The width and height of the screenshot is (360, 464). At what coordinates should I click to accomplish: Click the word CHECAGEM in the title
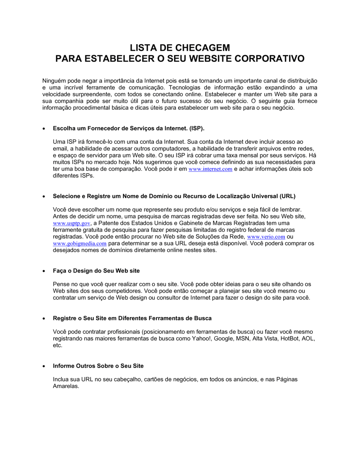pyautogui.click(x=204, y=48)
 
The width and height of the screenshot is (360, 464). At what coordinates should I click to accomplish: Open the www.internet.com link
pyautogui.click(x=210, y=169)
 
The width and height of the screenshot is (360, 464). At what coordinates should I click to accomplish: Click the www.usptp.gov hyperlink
pyautogui.click(x=71, y=223)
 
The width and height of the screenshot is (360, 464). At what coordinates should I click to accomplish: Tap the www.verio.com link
pyautogui.click(x=266, y=237)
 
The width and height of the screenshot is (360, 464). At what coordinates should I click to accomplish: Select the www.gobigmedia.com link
pyautogui.click(x=80, y=244)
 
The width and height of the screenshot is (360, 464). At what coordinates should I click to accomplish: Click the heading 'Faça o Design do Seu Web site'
pyautogui.click(x=96, y=271)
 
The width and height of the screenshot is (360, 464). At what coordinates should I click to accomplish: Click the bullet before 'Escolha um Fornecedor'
pyautogui.click(x=44, y=129)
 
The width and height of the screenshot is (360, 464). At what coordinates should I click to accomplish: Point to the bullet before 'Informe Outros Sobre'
pyautogui.click(x=44, y=366)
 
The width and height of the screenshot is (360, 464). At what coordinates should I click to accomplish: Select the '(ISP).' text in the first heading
pyautogui.click(x=197, y=128)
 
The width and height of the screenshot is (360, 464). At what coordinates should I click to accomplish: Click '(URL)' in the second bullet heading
pyautogui.click(x=287, y=196)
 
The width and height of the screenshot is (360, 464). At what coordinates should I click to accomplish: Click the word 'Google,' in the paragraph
pyautogui.click(x=224, y=338)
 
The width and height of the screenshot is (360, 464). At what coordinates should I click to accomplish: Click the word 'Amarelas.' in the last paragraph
pyautogui.click(x=66, y=386)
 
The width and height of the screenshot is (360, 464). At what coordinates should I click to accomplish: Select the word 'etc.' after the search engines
pyautogui.click(x=58, y=345)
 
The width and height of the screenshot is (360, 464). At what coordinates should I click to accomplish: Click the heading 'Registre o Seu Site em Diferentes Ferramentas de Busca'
pyautogui.click(x=132, y=318)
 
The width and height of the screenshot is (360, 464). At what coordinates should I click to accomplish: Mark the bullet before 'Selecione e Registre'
pyautogui.click(x=44, y=196)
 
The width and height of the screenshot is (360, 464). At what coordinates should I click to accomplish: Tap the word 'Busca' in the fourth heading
pyautogui.click(x=203, y=318)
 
